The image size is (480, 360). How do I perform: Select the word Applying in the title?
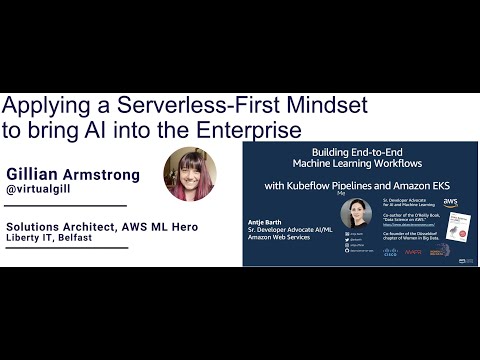[43, 106]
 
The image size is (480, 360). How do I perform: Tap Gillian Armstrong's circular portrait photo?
[191, 175]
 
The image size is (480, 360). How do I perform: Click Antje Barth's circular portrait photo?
[355, 213]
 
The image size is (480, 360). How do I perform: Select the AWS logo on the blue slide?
[450, 203]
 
